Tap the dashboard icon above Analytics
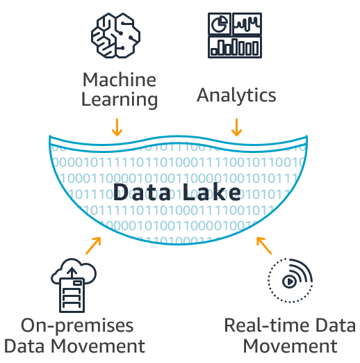pyautogui.click(x=236, y=34)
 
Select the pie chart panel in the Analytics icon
pyautogui.click(x=220, y=24)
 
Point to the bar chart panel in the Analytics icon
pyautogui.click(x=236, y=47)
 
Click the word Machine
pyautogui.click(x=119, y=79)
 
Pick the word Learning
pyautogui.click(x=119, y=99)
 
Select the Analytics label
pyautogui.click(x=236, y=95)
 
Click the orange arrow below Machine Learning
pyautogui.click(x=117, y=127)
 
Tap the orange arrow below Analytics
pyautogui.click(x=236, y=127)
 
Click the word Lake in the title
pyautogui.click(x=213, y=193)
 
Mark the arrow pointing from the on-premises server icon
pyautogui.click(x=93, y=245)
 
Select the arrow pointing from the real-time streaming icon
pyautogui.click(x=263, y=245)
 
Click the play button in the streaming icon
pyautogui.click(x=288, y=282)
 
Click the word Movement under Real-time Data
pyautogui.click(x=290, y=346)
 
